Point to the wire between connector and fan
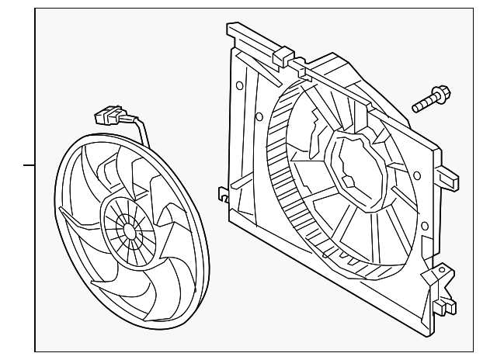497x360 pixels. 140,126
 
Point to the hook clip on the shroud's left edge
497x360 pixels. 223,193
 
